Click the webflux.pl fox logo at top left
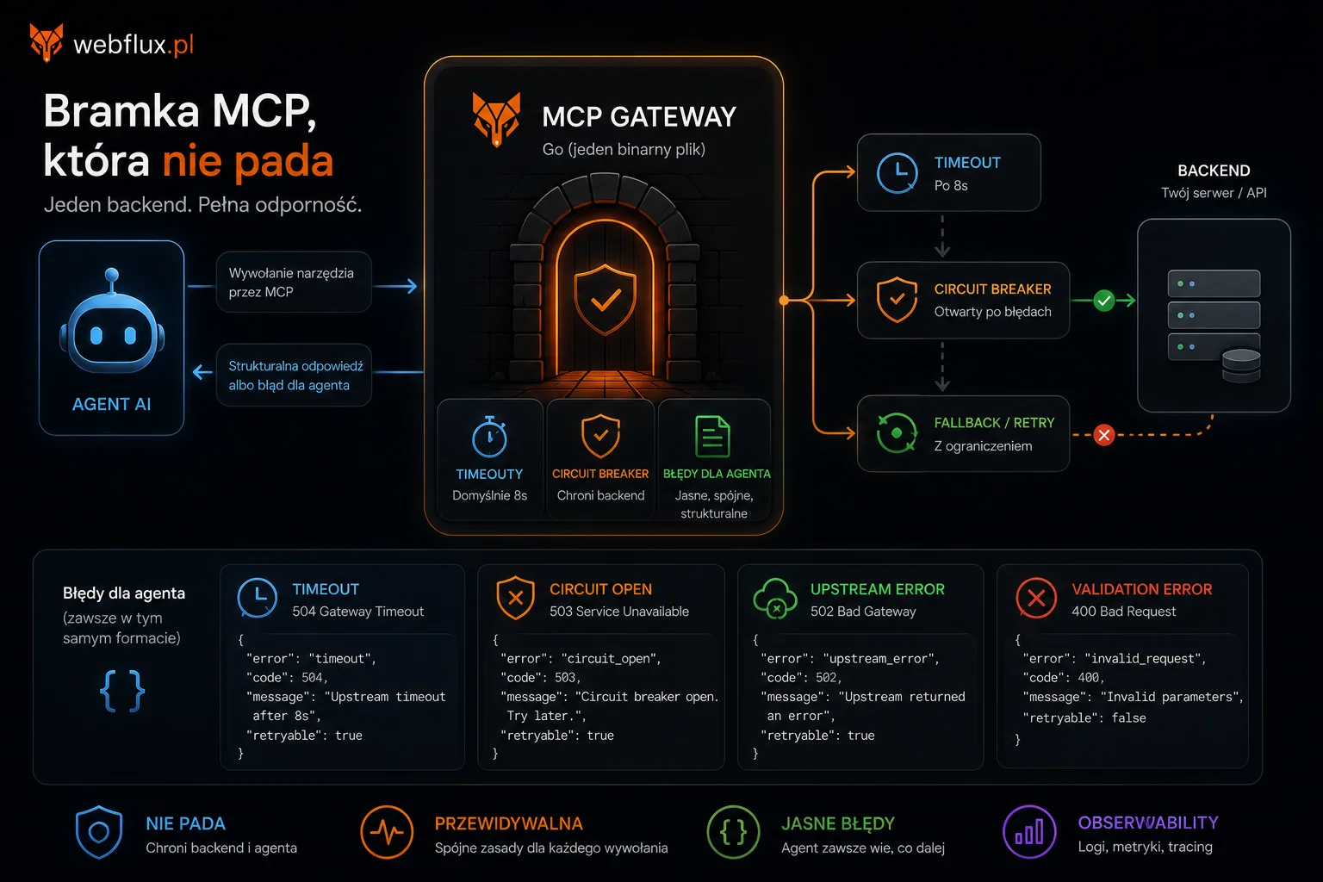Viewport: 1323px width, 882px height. pyautogui.click(x=46, y=42)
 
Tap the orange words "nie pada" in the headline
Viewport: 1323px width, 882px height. pyautogui.click(x=248, y=161)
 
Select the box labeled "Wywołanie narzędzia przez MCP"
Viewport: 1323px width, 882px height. pyautogui.click(x=294, y=282)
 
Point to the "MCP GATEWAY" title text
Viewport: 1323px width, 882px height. pyautogui.click(x=639, y=116)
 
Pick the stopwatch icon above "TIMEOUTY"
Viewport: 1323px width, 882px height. pyautogui.click(x=489, y=437)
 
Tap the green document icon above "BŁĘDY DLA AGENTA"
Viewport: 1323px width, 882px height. pyautogui.click(x=712, y=437)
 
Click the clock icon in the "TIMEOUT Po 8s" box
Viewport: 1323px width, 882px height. pyautogui.click(x=897, y=173)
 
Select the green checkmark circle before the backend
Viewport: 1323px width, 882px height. pyautogui.click(x=1103, y=301)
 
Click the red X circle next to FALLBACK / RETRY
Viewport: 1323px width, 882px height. pyautogui.click(x=1103, y=435)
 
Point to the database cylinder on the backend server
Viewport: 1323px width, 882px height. pyautogui.click(x=1241, y=366)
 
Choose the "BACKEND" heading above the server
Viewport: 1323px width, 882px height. pyautogui.click(x=1214, y=171)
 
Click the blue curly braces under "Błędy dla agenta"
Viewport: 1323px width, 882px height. pyautogui.click(x=122, y=691)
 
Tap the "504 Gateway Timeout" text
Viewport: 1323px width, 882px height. pyautogui.click(x=358, y=612)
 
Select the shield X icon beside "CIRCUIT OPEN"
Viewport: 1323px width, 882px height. pyautogui.click(x=516, y=598)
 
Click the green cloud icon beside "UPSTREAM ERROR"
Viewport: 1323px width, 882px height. pyautogui.click(x=775, y=598)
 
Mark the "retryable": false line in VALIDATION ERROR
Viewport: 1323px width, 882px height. pyautogui.click(x=1084, y=717)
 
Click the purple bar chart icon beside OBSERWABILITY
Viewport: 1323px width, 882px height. pyautogui.click(x=1029, y=832)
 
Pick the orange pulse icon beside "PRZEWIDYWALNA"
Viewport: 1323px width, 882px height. pyautogui.click(x=387, y=832)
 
